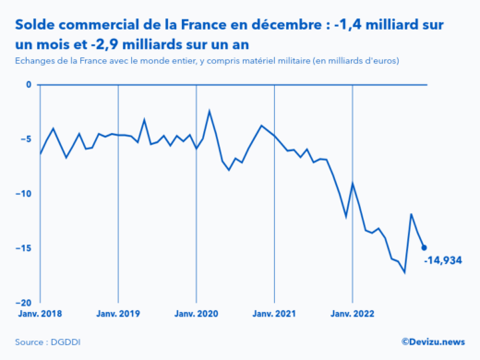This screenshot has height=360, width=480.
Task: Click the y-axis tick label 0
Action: (29, 85)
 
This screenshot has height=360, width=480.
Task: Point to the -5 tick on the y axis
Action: (27, 139)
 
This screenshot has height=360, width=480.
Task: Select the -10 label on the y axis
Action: (25, 194)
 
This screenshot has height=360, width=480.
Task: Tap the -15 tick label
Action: (25, 248)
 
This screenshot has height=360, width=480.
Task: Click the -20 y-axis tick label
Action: (25, 303)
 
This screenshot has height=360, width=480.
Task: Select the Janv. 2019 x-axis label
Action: (117, 314)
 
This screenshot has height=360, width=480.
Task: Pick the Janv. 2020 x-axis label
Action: (196, 314)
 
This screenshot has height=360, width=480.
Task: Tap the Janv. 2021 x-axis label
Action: (274, 314)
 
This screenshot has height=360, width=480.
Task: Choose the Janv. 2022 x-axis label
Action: (353, 314)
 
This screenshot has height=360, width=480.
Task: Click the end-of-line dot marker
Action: (424, 247)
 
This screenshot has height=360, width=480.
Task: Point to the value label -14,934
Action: (443, 261)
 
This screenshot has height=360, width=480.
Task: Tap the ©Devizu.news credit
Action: (433, 342)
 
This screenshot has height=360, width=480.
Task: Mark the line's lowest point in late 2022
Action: (404, 272)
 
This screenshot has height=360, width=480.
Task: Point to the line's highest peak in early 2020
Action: (210, 111)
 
